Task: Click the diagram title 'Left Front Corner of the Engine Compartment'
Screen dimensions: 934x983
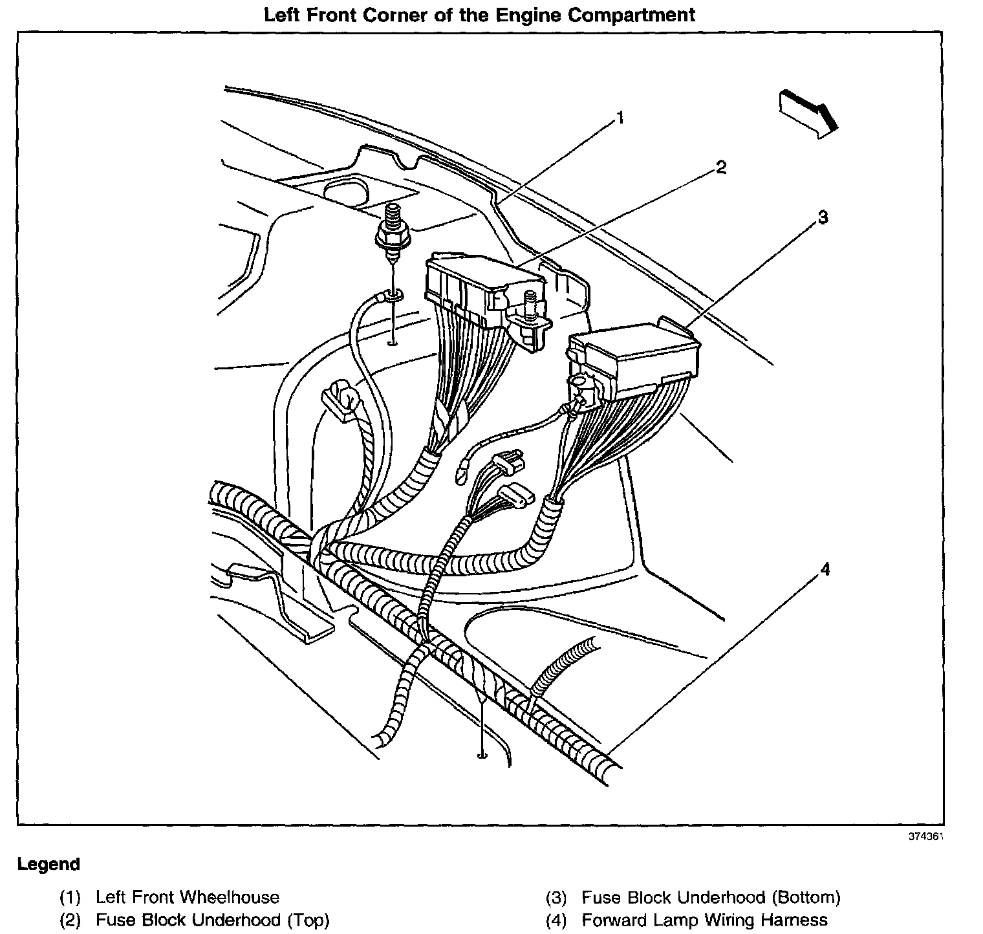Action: (479, 14)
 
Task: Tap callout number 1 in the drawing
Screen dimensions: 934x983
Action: (620, 118)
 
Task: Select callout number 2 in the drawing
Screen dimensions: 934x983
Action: (720, 168)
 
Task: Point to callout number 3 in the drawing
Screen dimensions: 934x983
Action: (822, 218)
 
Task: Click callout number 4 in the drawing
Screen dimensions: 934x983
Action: (824, 569)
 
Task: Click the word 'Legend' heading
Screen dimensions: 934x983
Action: (49, 864)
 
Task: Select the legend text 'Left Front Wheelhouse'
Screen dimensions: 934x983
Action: (187, 897)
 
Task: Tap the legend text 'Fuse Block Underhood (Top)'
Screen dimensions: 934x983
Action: (212, 920)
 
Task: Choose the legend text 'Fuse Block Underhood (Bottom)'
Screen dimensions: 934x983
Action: (711, 897)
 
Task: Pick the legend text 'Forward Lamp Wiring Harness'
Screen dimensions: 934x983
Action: (704, 920)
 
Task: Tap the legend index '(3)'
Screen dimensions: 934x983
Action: (556, 898)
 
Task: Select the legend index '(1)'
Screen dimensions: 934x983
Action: (70, 898)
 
